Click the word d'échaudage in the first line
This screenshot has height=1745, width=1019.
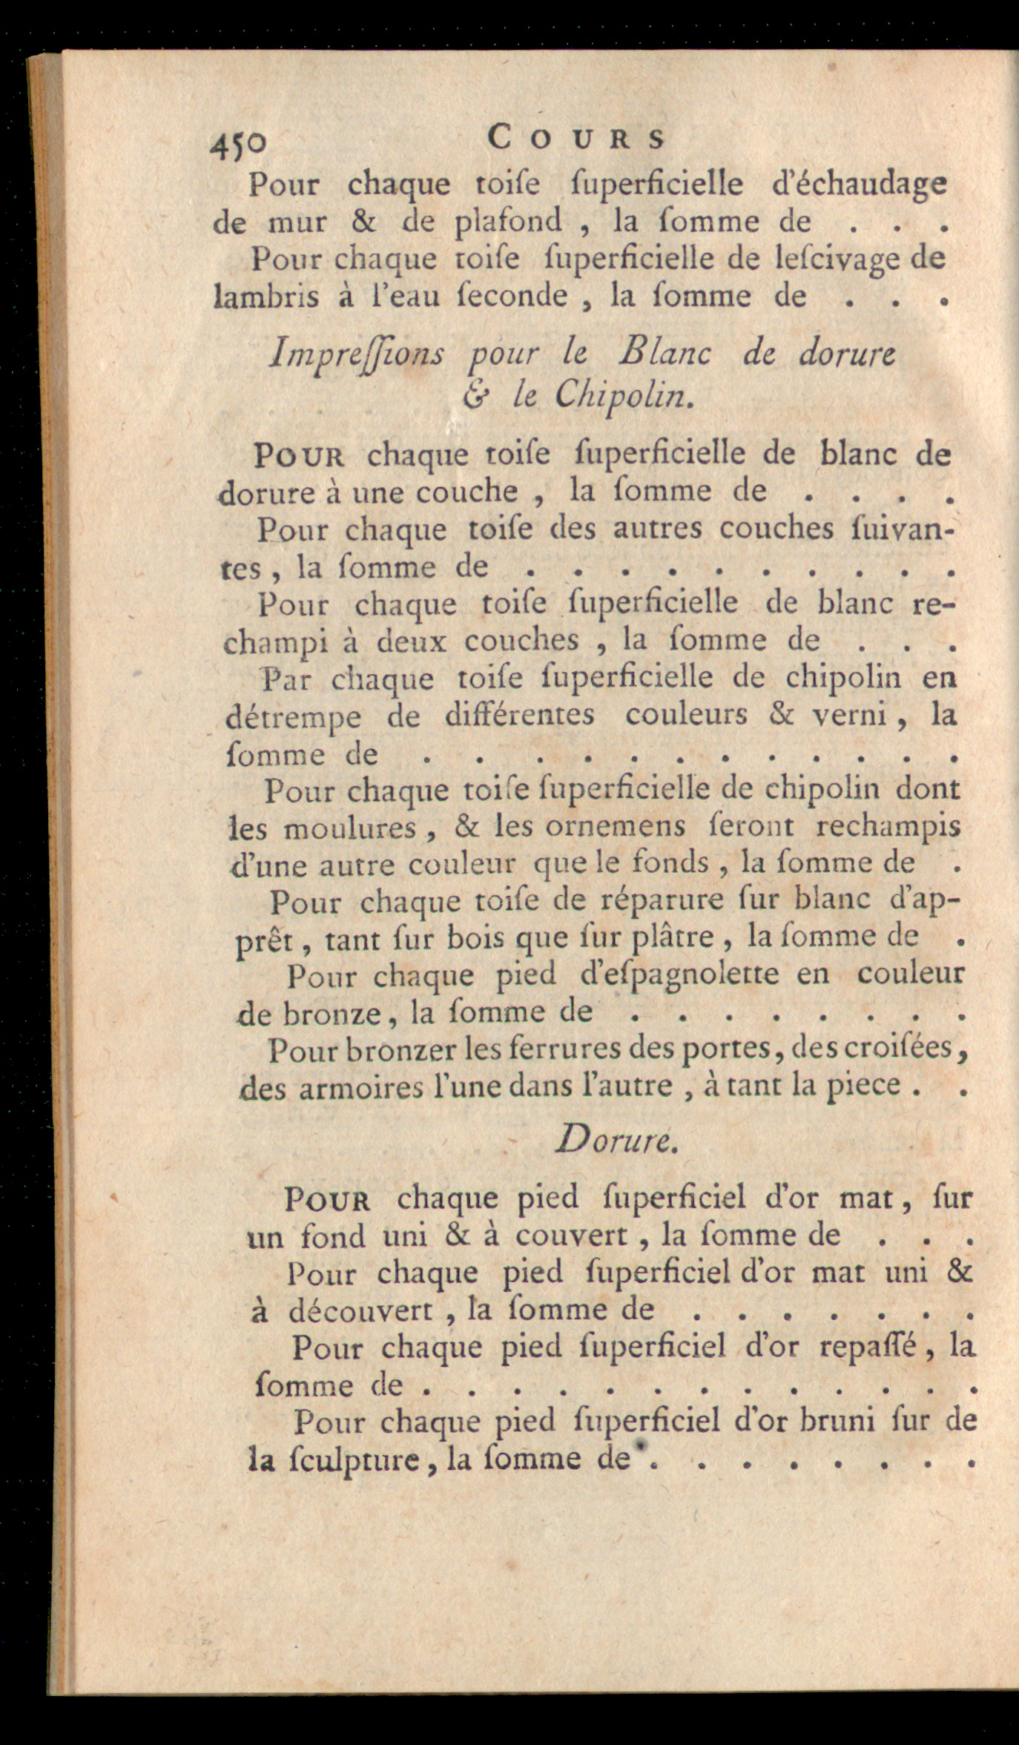click(859, 184)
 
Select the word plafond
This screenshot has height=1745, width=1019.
click(508, 222)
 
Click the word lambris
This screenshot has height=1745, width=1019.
click(266, 297)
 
